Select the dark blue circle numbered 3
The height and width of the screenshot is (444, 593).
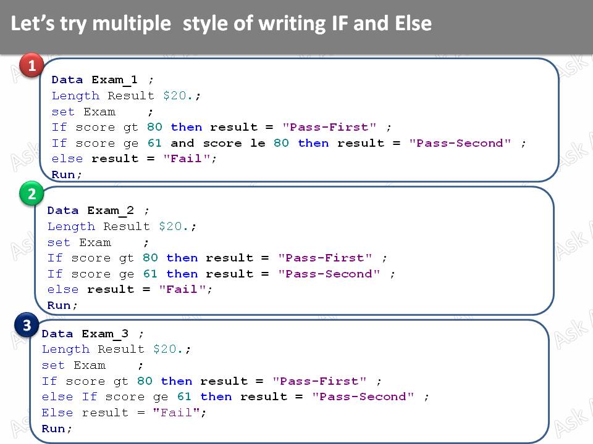tap(27, 325)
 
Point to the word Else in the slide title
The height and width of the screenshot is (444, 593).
tap(412, 24)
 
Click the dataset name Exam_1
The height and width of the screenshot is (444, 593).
tap(115, 80)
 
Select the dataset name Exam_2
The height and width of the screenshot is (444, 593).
tap(111, 210)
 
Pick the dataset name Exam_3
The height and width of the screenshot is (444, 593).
tap(105, 334)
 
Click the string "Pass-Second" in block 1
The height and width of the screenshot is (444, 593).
tap(460, 143)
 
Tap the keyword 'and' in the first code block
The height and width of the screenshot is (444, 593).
tap(182, 143)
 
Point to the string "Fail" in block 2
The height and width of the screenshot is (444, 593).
tap(182, 289)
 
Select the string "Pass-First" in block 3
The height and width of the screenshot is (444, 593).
tap(319, 381)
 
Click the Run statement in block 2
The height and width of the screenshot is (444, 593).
tap(62, 305)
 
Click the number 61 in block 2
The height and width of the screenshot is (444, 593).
tap(150, 274)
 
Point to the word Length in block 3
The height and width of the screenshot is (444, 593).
tap(65, 349)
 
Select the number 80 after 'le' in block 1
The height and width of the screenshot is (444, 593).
tap(282, 143)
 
